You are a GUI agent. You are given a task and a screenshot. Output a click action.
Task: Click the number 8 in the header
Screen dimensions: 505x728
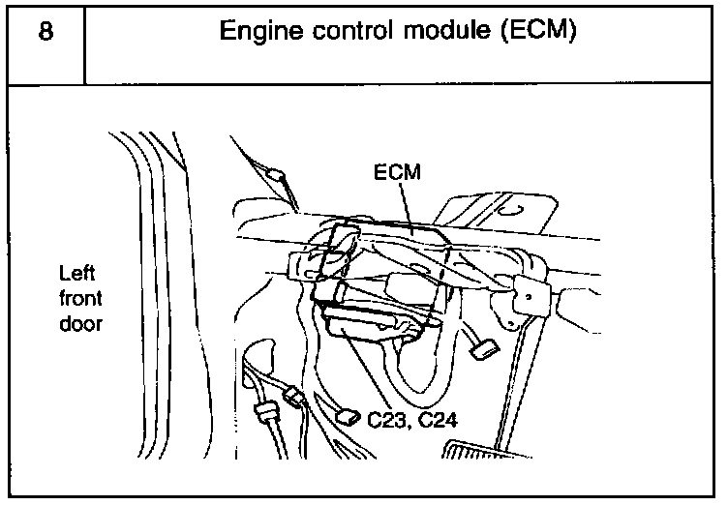point(45,31)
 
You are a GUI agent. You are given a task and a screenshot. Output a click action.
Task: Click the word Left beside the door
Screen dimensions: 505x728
point(76,274)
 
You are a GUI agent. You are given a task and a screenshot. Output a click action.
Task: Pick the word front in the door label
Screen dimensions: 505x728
point(79,299)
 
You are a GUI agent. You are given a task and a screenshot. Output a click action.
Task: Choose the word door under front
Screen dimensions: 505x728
point(79,324)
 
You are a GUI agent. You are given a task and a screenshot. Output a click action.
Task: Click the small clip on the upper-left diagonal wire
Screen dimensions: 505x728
point(278,177)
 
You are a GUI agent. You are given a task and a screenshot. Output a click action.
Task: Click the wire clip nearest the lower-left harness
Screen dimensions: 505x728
point(292,396)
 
